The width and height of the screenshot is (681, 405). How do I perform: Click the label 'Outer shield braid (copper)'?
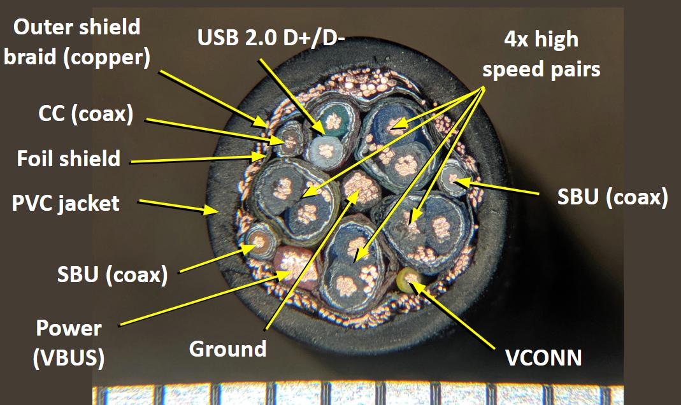pyautogui.click(x=77, y=42)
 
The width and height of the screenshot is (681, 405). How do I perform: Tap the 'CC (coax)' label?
pyautogui.click(x=85, y=114)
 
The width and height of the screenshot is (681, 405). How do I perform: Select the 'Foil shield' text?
pyautogui.click(x=69, y=159)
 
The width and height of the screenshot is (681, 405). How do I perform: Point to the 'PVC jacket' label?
pyautogui.click(x=66, y=203)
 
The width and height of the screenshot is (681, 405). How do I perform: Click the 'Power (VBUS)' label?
pyautogui.click(x=69, y=343)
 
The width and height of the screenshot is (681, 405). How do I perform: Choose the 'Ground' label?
pyautogui.click(x=227, y=349)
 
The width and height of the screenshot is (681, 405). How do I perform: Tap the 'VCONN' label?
pyautogui.click(x=543, y=358)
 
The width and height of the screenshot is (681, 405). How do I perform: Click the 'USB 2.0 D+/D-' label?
pyautogui.click(x=271, y=38)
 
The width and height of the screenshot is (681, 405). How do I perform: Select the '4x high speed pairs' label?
pyautogui.click(x=541, y=54)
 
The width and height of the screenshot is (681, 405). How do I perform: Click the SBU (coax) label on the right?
pyautogui.click(x=612, y=197)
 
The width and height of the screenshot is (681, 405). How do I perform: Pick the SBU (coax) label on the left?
pyautogui.click(x=113, y=274)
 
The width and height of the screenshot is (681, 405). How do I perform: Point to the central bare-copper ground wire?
pyautogui.click(x=361, y=188)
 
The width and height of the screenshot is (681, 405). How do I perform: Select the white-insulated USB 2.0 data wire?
pyautogui.click(x=326, y=152)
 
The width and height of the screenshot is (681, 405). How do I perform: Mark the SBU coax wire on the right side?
pyautogui.click(x=453, y=178)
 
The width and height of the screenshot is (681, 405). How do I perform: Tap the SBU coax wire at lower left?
pyautogui.click(x=261, y=241)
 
